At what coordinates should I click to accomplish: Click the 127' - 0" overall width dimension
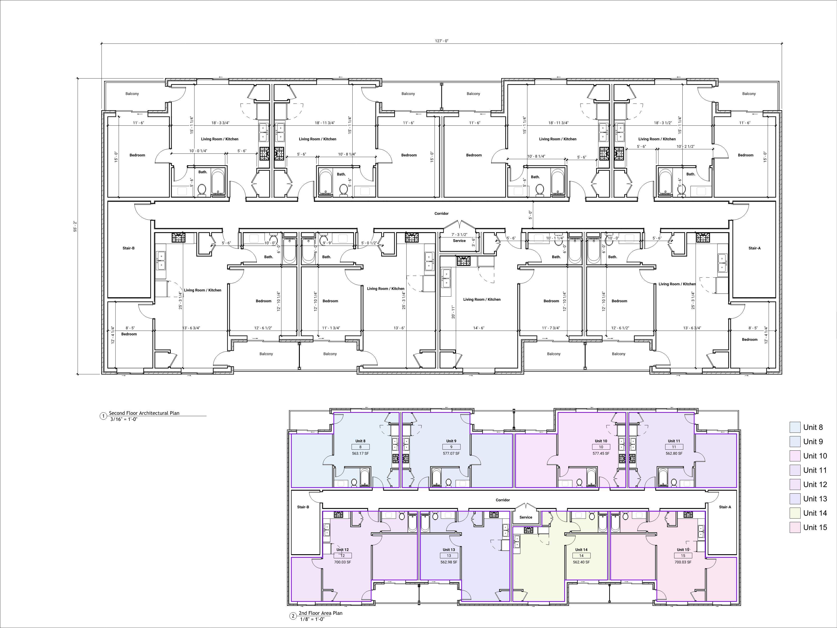(x=442, y=41)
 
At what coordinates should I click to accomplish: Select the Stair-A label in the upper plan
(x=754, y=248)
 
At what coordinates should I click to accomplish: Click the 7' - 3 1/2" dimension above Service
(x=459, y=235)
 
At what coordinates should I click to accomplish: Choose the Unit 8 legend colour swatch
(x=795, y=427)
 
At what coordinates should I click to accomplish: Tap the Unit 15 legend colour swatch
(x=795, y=527)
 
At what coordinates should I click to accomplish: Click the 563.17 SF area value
(x=360, y=454)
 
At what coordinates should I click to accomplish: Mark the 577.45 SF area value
(x=601, y=454)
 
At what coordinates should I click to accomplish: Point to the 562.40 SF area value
(x=581, y=562)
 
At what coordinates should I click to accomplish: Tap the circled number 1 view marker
(x=103, y=416)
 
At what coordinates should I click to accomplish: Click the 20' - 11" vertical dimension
(x=453, y=312)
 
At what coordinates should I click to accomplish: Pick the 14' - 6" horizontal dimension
(x=479, y=328)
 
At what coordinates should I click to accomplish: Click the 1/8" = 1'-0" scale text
(x=312, y=619)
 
